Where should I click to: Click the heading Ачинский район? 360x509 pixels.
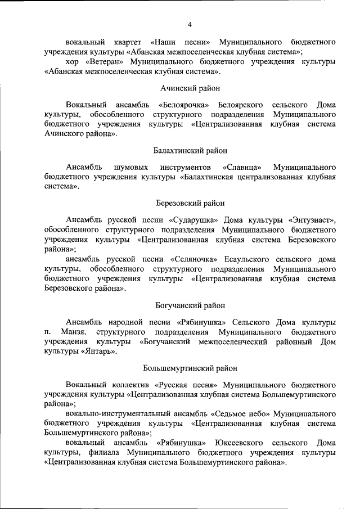click(190, 88)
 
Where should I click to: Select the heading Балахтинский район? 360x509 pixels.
click(190, 151)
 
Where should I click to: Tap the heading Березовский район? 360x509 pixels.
click(190, 202)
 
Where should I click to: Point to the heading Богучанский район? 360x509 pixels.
click(190, 305)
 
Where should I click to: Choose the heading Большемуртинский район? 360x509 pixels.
click(190, 368)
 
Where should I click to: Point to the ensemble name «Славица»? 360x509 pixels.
click(242, 167)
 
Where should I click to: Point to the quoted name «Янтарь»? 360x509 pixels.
click(100, 352)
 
